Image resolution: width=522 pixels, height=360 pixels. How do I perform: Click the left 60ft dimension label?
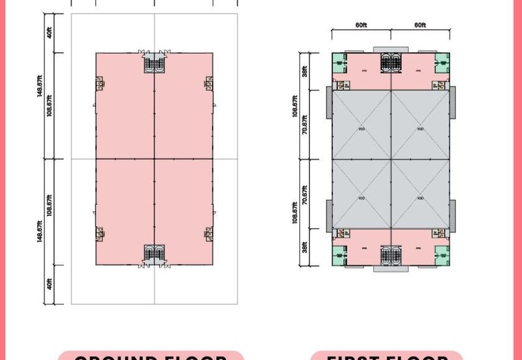(x=361, y=25)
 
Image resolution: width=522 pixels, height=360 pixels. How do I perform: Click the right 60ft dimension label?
(x=420, y=25)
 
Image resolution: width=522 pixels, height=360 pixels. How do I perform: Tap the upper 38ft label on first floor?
(x=304, y=70)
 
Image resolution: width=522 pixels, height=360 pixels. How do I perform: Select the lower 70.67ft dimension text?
(x=304, y=195)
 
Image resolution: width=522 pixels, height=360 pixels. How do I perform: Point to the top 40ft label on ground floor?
(x=50, y=33)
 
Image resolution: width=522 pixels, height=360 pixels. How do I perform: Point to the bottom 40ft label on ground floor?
(x=50, y=285)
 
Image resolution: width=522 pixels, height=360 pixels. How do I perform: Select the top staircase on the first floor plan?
(x=390, y=63)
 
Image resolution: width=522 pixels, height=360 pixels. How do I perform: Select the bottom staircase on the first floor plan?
(x=390, y=255)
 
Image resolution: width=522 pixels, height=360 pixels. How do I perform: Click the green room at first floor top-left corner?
(x=339, y=64)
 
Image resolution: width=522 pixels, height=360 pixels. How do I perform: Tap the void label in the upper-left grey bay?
(x=361, y=128)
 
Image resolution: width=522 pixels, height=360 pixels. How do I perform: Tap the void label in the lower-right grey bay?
(x=420, y=198)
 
